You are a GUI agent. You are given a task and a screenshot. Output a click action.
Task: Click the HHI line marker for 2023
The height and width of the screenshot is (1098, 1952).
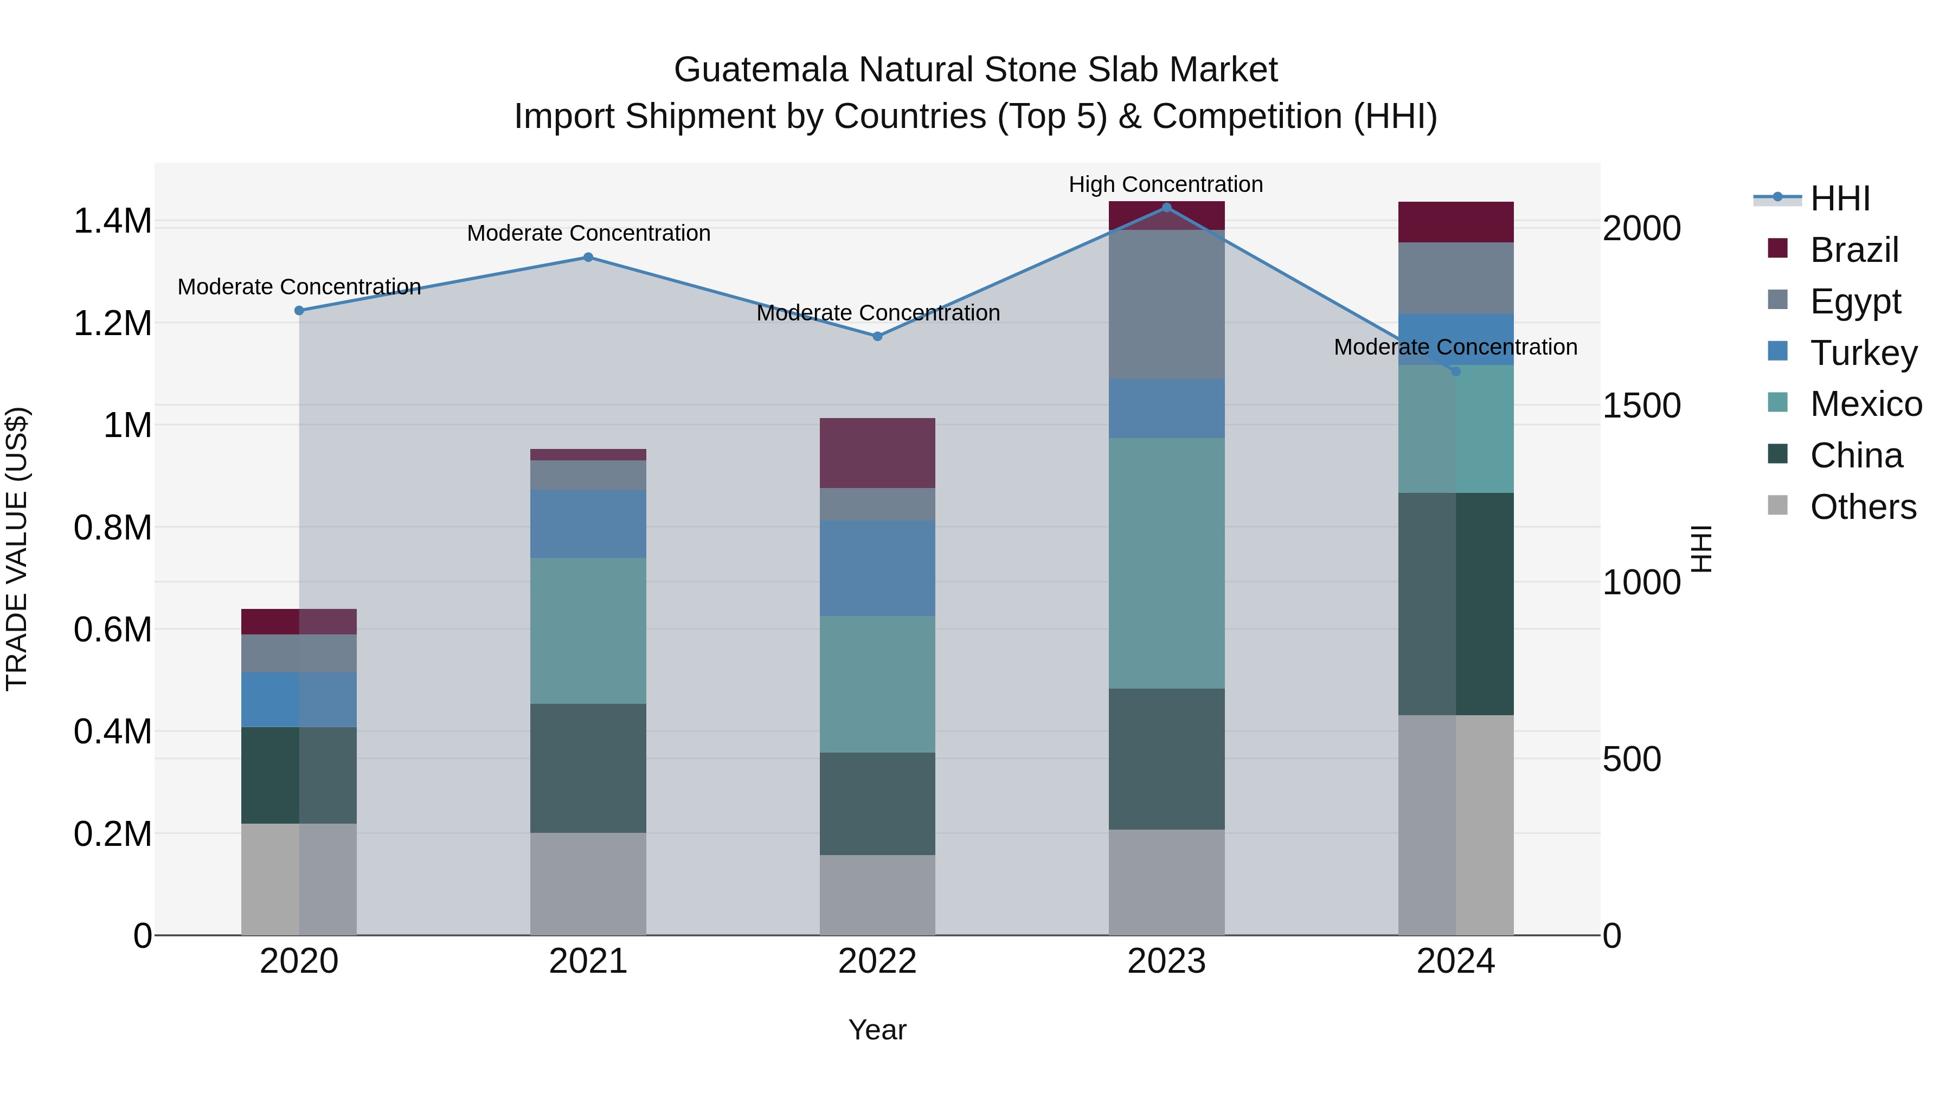(x=1166, y=207)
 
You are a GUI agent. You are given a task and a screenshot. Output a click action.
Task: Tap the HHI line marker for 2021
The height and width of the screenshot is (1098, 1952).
(x=588, y=257)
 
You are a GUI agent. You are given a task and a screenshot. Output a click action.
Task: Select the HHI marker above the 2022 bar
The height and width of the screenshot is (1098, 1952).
(x=877, y=336)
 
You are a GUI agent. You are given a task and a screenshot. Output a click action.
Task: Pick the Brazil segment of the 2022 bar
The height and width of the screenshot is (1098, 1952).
(x=877, y=453)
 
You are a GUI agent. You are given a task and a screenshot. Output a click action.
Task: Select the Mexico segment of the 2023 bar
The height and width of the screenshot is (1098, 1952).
(x=1166, y=563)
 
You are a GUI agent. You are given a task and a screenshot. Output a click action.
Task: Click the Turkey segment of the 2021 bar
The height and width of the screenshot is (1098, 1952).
(x=588, y=524)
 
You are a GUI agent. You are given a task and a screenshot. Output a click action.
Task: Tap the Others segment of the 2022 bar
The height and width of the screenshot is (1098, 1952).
(x=877, y=895)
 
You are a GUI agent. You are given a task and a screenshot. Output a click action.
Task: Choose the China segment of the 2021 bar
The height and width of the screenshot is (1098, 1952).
(x=588, y=768)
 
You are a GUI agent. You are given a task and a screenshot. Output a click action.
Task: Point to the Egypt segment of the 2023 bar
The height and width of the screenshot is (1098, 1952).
(x=1166, y=305)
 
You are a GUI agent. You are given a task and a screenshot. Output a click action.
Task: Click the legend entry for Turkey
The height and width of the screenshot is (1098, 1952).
(x=1863, y=353)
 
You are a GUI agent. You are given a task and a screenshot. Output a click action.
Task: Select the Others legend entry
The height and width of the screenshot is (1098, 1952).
(x=1863, y=507)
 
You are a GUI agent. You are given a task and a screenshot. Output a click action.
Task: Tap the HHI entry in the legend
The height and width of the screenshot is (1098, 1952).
(x=1840, y=198)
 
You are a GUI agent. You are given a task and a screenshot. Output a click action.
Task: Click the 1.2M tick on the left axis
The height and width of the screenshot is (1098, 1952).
(x=112, y=324)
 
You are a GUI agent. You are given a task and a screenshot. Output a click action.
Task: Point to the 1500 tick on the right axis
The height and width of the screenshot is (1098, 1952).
(x=1641, y=406)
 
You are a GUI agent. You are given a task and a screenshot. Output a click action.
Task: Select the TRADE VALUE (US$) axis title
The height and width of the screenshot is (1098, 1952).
(x=17, y=549)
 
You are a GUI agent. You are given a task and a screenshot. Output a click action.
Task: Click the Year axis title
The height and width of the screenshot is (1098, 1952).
(x=877, y=1030)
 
